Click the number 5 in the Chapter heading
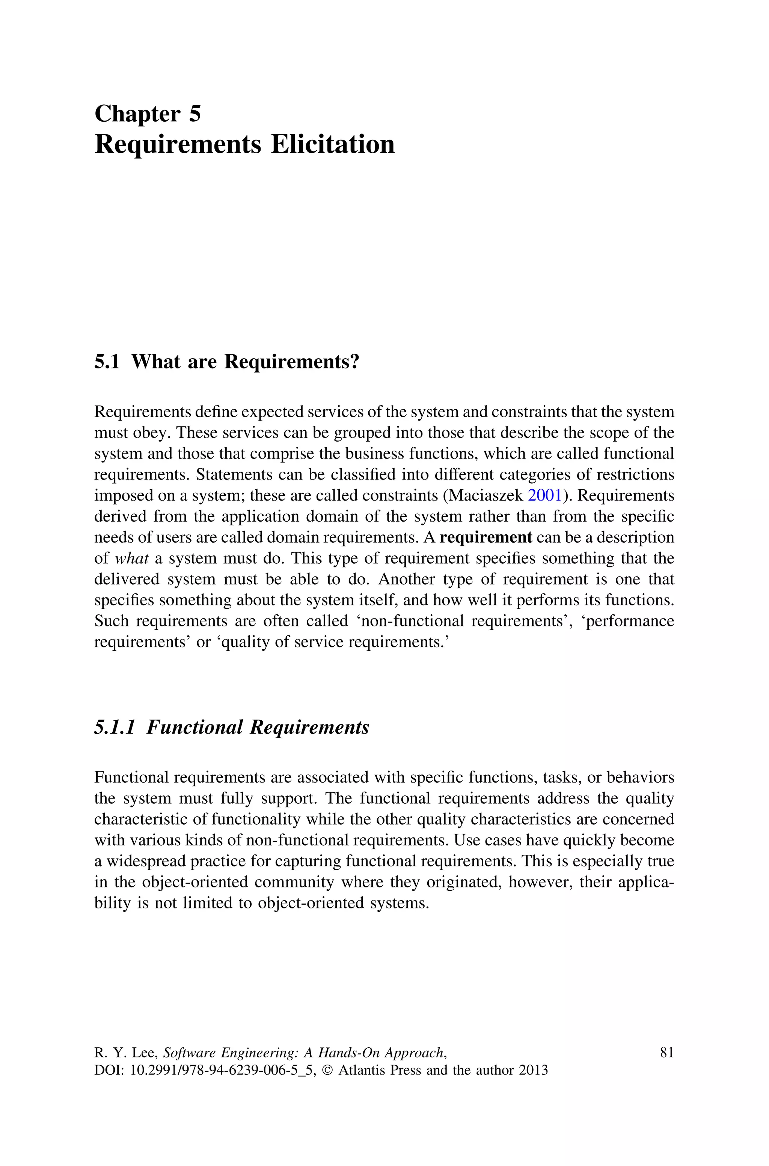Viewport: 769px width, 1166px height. click(195, 114)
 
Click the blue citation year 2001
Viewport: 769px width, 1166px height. click(545, 496)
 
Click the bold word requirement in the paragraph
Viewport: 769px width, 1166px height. click(486, 537)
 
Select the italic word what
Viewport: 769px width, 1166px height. click(131, 558)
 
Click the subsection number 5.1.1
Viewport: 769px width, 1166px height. click(114, 727)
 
